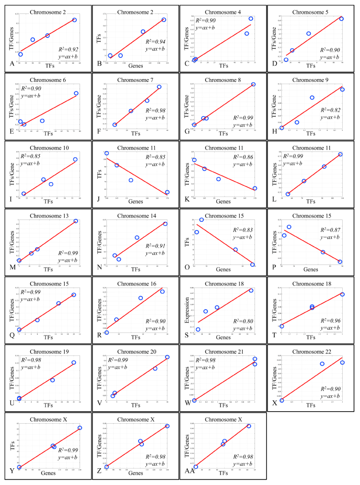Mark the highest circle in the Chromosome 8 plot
pyautogui.click(x=253, y=84)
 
